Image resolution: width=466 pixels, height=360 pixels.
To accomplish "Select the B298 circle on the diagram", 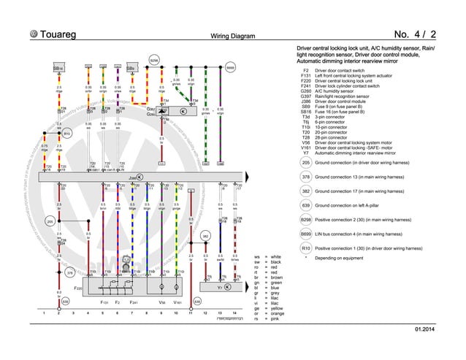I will tap(154, 60).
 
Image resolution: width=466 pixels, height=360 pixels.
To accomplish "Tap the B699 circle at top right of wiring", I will tap(229, 68).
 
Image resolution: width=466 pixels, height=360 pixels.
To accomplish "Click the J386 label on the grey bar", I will tap(133, 177).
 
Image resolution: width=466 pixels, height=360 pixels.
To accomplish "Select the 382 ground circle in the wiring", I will tap(206, 237).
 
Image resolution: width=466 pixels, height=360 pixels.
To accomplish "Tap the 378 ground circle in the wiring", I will tap(69, 272).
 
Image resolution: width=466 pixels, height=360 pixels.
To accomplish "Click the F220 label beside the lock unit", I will tap(77, 288).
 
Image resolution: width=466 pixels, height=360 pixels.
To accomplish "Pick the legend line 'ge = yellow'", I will tap(270, 309).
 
